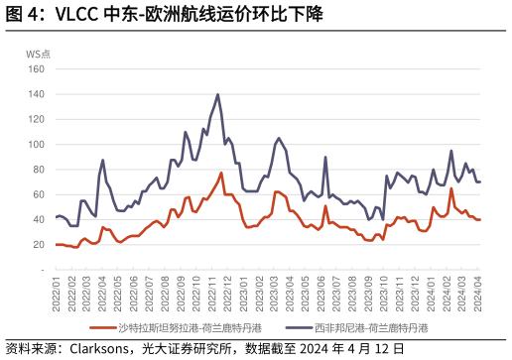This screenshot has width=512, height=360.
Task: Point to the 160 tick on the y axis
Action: point(37,69)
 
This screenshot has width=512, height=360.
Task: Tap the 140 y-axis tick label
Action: point(37,94)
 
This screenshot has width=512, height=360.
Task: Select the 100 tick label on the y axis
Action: point(37,144)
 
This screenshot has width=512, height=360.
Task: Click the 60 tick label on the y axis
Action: point(39,194)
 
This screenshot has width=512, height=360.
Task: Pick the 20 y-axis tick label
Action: point(39,244)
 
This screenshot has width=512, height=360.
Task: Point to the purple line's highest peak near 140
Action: point(217,95)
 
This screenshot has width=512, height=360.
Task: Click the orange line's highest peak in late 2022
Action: point(221,173)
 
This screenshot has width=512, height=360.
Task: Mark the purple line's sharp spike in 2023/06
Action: point(325,157)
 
